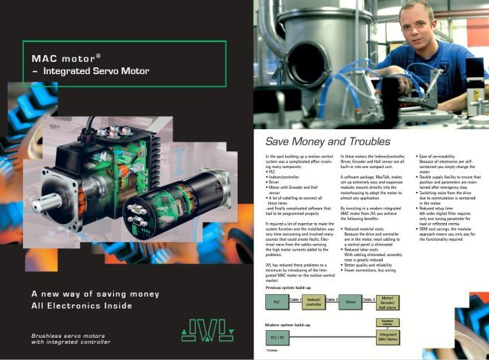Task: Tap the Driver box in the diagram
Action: pos(351,303)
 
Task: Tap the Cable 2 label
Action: pos(332,300)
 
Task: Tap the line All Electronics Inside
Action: pos(81,306)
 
